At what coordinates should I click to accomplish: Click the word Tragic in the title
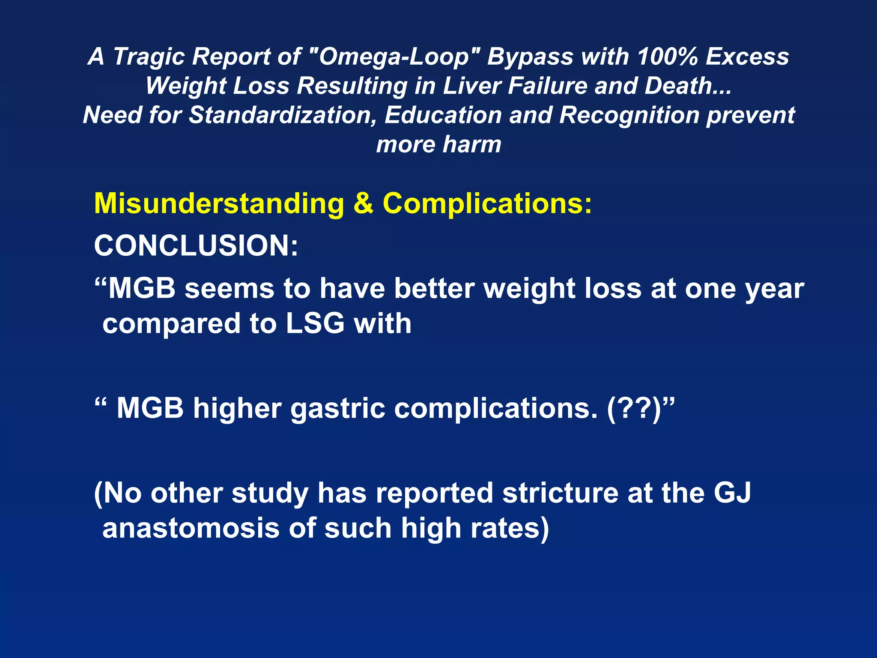(149, 57)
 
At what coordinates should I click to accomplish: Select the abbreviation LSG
(315, 323)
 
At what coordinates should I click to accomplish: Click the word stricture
(560, 493)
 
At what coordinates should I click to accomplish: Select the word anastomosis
(191, 528)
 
